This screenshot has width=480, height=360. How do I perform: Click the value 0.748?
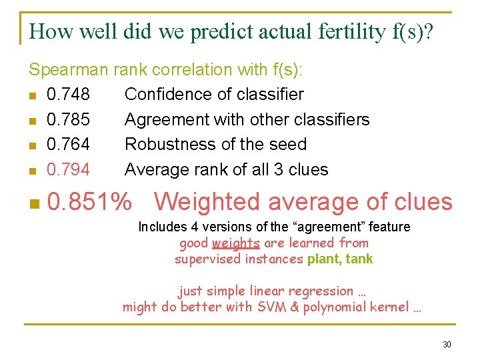[x=68, y=95]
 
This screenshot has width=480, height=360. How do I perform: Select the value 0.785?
[x=68, y=120]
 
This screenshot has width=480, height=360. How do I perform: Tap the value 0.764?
[x=68, y=145]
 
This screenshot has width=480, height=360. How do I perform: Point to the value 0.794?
[x=68, y=170]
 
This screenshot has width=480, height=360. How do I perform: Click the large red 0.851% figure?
[x=89, y=201]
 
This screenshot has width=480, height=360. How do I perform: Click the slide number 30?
[x=446, y=344]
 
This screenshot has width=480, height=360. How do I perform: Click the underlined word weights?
[x=236, y=243]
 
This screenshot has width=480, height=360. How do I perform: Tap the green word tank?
[x=359, y=259]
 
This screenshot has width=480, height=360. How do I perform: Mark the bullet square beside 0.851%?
[x=34, y=202]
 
